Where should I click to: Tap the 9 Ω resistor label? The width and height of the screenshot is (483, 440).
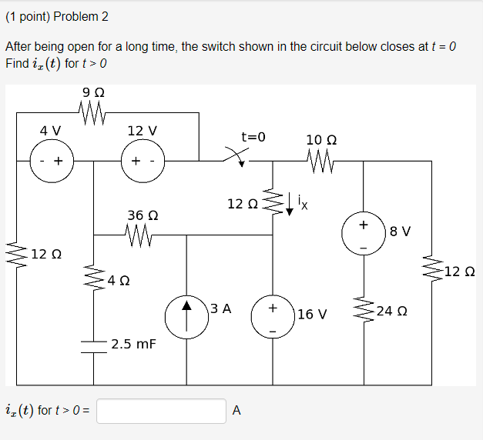pos(92,93)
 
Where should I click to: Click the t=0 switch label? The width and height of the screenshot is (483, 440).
pos(253,137)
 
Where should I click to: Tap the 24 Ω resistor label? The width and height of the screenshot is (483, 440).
pos(392,312)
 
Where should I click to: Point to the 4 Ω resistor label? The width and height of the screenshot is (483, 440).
pos(119,281)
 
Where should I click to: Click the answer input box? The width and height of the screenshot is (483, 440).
pos(162,411)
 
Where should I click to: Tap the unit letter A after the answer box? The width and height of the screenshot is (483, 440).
pos(236,411)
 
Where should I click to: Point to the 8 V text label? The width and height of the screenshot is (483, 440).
pos(401,230)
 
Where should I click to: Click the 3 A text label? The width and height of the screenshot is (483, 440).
pos(220,308)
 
